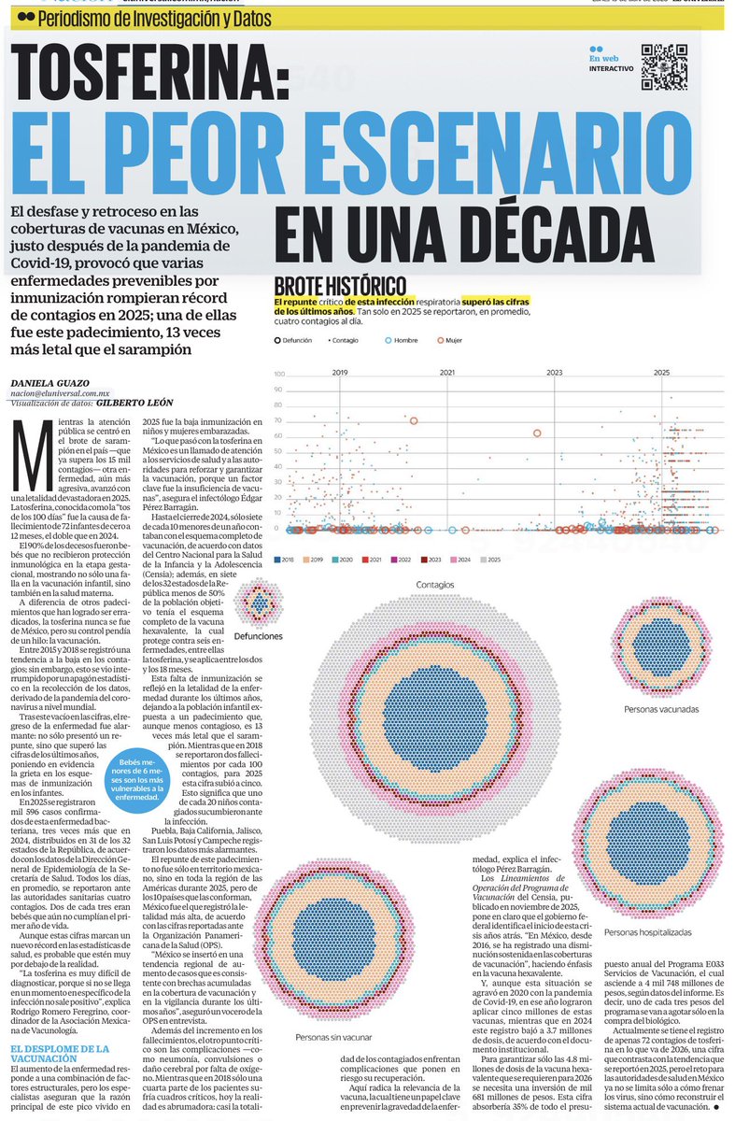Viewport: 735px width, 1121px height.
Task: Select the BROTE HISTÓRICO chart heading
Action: (x=340, y=287)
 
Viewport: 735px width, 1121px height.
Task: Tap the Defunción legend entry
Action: (x=301, y=341)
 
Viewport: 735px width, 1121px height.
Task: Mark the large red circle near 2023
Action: (x=537, y=433)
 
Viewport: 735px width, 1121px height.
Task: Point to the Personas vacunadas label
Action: (x=661, y=710)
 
